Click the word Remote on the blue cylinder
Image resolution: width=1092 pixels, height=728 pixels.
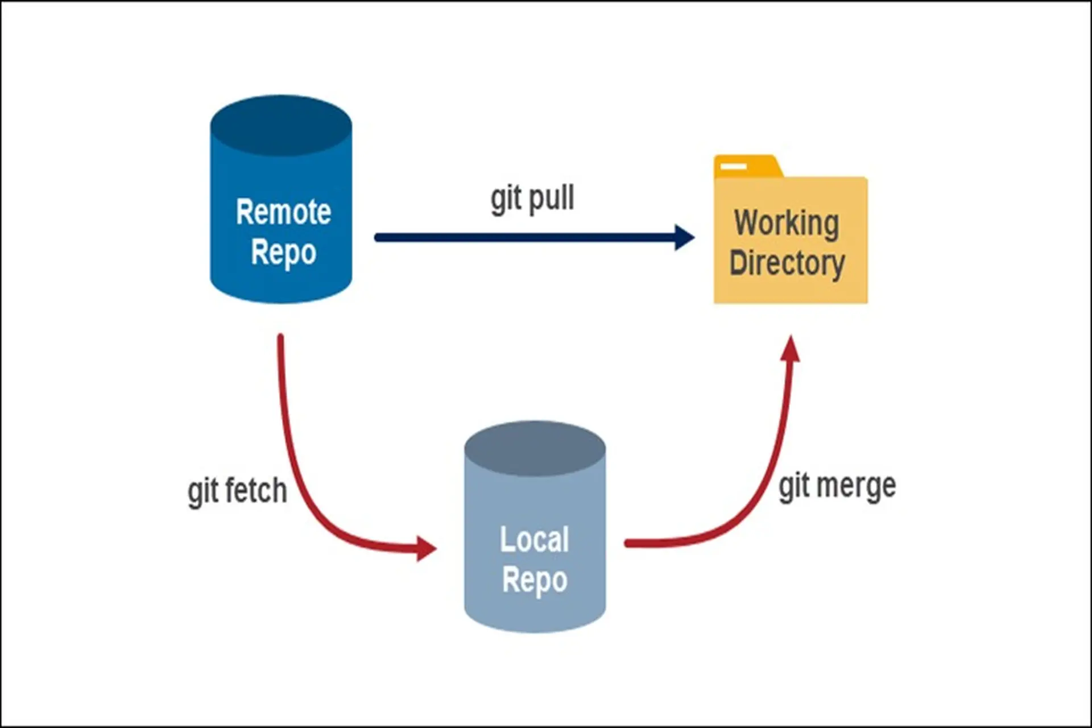coord(283,212)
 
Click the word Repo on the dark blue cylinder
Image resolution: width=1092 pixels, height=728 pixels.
coord(283,253)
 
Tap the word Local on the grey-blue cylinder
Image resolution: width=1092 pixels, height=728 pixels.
coord(534,539)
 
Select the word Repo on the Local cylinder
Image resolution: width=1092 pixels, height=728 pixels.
coord(534,580)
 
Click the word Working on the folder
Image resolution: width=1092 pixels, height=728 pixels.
coord(787,222)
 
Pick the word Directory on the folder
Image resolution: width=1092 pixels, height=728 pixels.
coord(787,263)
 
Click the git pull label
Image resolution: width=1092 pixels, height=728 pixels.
coord(532,198)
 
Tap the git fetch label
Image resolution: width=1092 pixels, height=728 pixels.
coord(237,491)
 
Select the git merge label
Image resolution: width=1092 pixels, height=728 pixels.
coord(837,486)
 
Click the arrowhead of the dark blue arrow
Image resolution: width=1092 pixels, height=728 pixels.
coord(684,237)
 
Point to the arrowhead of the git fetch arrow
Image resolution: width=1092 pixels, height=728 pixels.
coord(426,548)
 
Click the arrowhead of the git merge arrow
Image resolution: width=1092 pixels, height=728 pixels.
coord(791,349)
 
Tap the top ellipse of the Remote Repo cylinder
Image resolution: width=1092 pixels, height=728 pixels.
coord(281,126)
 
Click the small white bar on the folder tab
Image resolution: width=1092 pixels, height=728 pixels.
coord(733,167)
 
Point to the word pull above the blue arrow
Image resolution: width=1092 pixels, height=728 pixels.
coord(551,198)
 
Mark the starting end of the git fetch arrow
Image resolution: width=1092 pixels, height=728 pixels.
coord(280,338)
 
